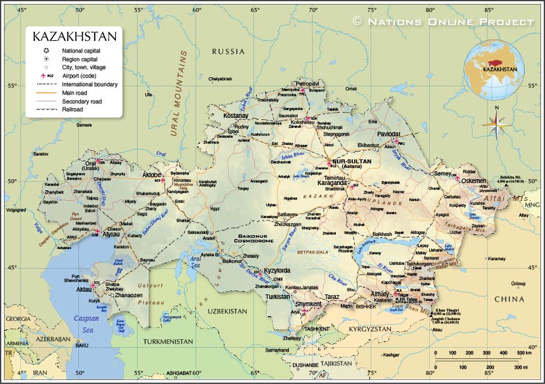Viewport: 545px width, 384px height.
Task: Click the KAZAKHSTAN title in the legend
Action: [74, 36]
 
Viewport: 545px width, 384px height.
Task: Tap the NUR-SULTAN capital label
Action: [353, 161]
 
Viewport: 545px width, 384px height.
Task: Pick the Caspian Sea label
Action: [86, 323]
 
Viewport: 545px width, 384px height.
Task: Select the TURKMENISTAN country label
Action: [167, 342]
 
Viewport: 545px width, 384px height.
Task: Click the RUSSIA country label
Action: [228, 51]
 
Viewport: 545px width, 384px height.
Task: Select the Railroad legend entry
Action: [72, 109]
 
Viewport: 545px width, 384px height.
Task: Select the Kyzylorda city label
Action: [276, 271]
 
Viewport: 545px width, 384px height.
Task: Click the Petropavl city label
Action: [307, 84]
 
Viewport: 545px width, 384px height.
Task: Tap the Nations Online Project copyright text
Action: [444, 22]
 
